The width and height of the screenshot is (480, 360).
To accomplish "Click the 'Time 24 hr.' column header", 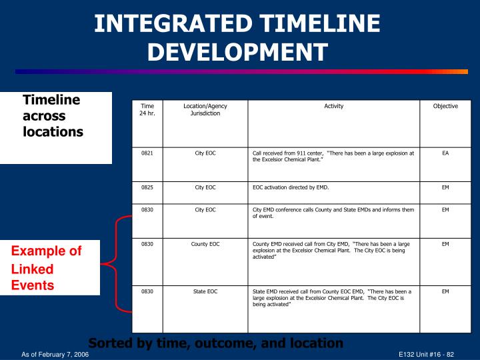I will (147, 110).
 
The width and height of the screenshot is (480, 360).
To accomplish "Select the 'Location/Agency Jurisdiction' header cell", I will (205, 110).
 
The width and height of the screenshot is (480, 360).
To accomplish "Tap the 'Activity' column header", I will (333, 107).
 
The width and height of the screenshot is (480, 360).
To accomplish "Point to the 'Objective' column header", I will (445, 107).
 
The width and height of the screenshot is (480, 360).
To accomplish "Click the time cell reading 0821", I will (147, 153).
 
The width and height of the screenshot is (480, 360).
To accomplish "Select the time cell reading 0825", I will (147, 188).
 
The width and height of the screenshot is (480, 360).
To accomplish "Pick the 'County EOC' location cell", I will (205, 245).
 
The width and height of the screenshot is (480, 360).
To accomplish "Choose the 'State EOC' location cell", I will (205, 292).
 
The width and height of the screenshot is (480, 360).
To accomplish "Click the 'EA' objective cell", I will (445, 153).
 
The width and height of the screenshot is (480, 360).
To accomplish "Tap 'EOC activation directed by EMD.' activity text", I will (291, 188).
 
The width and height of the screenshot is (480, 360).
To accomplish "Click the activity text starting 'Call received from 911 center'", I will (333, 157).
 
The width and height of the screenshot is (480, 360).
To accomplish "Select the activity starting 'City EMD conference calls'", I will (333, 213).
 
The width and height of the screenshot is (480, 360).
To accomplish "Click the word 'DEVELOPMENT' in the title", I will (237, 51).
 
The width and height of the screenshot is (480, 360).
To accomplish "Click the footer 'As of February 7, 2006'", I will (55, 353).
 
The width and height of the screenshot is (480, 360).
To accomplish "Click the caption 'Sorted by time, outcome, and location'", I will (215, 343).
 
